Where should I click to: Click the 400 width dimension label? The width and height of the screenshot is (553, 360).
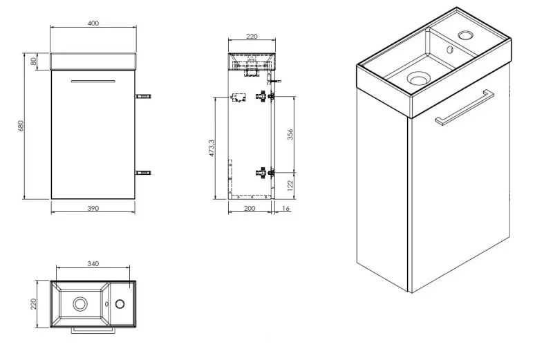click(93, 23)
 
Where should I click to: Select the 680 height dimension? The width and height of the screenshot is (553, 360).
click(21, 126)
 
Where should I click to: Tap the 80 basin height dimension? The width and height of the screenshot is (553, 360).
click(33, 61)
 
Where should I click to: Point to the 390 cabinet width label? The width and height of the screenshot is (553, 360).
click(93, 209)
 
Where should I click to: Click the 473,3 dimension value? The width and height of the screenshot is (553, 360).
click(212, 148)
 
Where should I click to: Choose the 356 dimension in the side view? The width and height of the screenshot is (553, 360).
click(290, 134)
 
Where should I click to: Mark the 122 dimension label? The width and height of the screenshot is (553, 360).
click(290, 185)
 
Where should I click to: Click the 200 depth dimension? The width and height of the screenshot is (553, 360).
click(250, 209)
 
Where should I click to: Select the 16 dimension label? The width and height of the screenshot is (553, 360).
click(285, 209)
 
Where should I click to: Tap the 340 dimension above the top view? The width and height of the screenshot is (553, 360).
click(93, 264)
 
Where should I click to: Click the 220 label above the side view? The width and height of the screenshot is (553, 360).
click(252, 37)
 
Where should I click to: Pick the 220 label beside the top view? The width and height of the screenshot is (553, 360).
click(33, 303)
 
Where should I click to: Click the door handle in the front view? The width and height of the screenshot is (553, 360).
click(93, 81)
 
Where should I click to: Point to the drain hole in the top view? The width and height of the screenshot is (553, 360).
click(80, 303)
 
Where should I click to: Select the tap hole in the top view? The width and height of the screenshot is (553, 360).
click(120, 303)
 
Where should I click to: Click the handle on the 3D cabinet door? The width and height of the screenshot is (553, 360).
click(465, 108)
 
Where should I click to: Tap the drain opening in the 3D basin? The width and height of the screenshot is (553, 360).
click(419, 78)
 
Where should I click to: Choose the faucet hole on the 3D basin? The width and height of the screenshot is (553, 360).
click(466, 35)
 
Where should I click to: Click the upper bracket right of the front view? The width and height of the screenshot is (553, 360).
click(144, 96)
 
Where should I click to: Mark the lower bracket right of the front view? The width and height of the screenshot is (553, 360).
click(144, 173)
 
